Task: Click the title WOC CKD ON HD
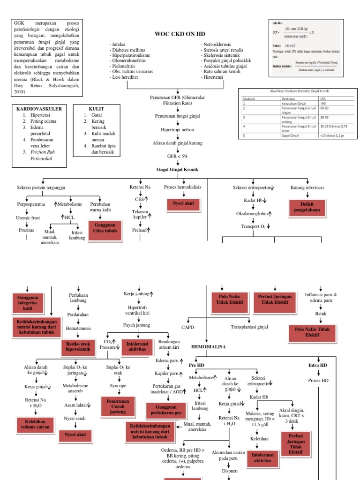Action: click(x=180, y=34)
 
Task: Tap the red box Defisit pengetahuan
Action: click(x=307, y=207)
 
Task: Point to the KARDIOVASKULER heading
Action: click(x=39, y=108)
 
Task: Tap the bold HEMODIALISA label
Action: click(x=209, y=346)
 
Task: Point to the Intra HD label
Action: click(x=317, y=365)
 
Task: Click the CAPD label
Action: click(x=187, y=327)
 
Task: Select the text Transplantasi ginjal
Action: click(x=249, y=327)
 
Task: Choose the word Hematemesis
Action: click(x=78, y=329)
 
